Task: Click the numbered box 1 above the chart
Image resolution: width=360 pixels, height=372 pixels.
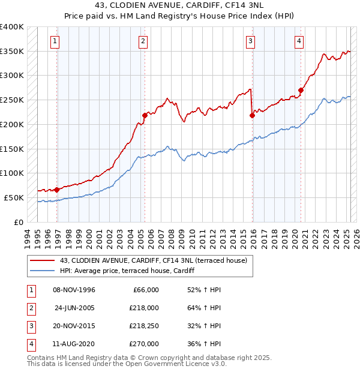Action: pyautogui.click(x=55, y=41)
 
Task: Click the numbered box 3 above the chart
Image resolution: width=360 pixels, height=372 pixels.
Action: pyautogui.click(x=250, y=41)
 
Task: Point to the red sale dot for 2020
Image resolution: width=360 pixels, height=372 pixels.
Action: pyautogui.click(x=301, y=90)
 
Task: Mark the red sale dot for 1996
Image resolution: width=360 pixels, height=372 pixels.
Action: pyautogui.click(x=57, y=190)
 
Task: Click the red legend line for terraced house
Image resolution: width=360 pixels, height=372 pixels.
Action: pyautogui.click(x=43, y=260)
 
